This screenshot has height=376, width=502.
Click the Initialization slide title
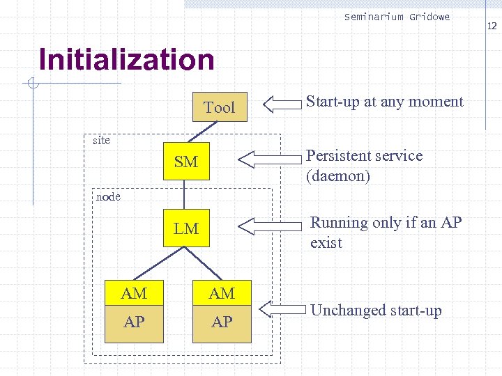[x=127, y=60]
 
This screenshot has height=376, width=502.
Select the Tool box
[x=219, y=107]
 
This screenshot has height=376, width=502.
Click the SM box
[x=186, y=162]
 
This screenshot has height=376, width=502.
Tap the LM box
[x=186, y=228]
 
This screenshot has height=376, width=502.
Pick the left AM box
[x=134, y=294]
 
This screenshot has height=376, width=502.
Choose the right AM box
[x=222, y=294]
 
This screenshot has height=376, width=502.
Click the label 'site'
[x=102, y=141]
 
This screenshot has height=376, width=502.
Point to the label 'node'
[x=108, y=196]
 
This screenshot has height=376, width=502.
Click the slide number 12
[x=492, y=26]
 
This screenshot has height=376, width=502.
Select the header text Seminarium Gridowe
[x=397, y=17]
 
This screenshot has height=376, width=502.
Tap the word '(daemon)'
[x=337, y=176]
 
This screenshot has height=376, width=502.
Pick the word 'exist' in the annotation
[x=326, y=243]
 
